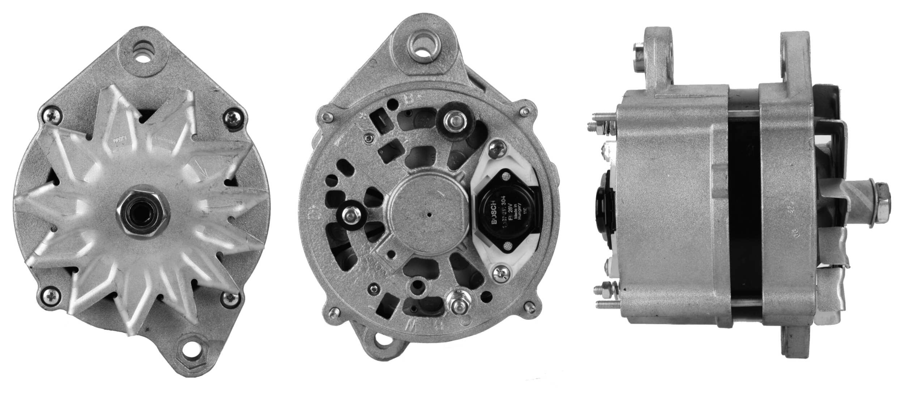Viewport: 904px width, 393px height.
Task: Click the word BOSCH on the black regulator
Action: tap(494, 217)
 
